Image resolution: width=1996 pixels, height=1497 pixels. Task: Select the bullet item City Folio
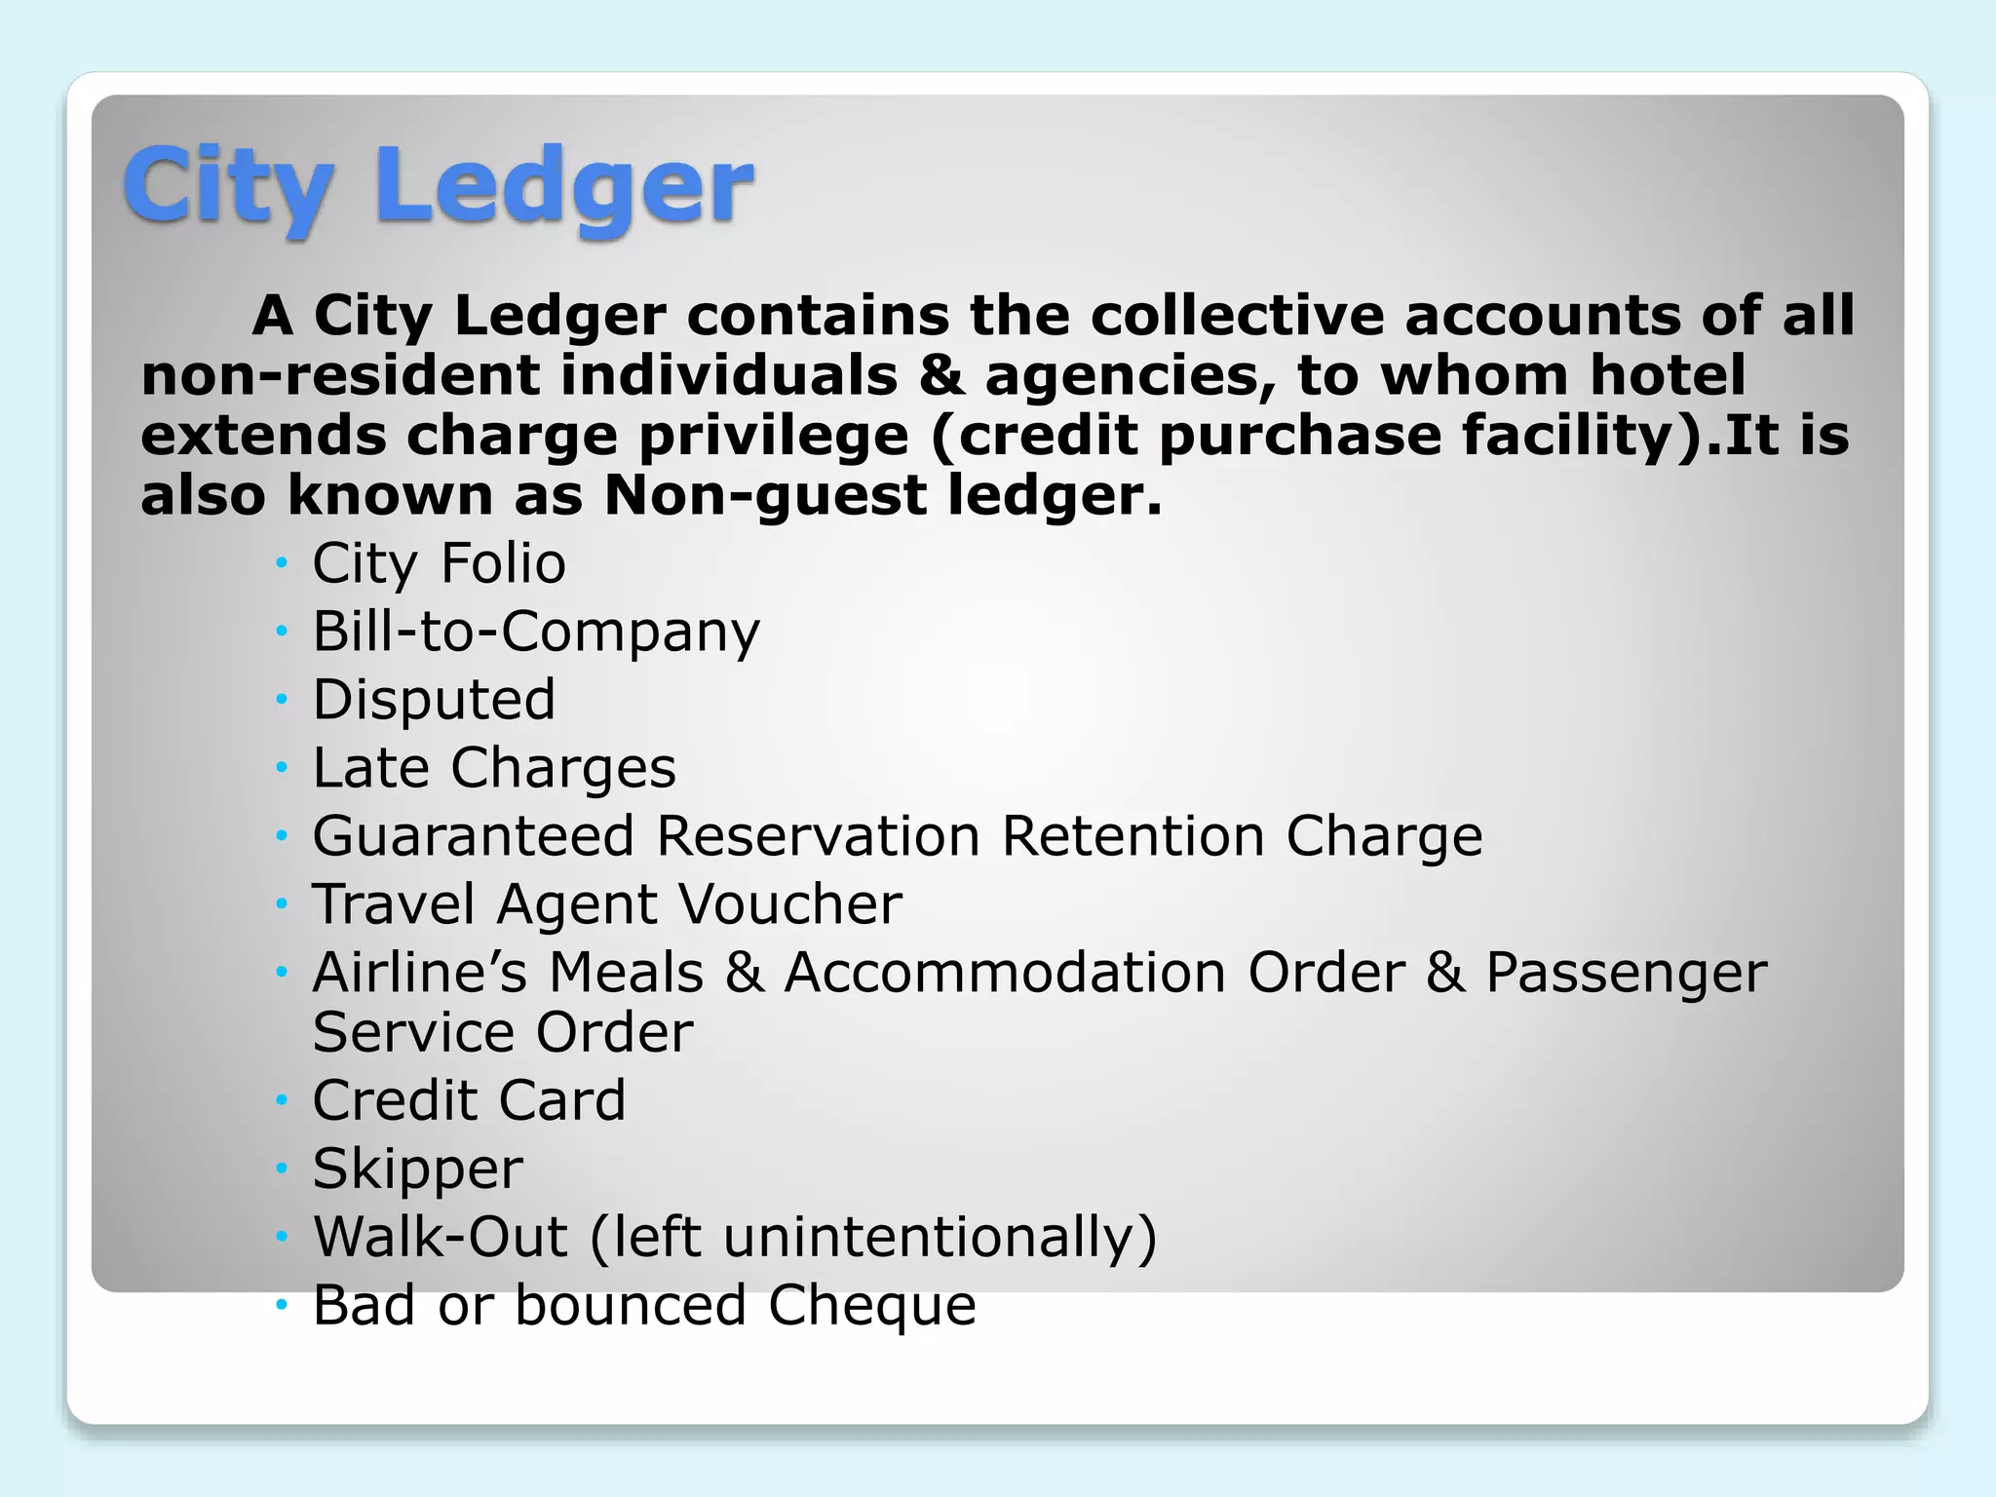coord(439,563)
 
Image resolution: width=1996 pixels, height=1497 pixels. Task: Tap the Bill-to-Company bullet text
coord(535,632)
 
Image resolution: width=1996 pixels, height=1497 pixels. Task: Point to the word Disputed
coord(434,700)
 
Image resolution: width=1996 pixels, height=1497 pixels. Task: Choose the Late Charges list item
coord(493,768)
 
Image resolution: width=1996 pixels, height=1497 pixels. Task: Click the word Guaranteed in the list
coord(474,836)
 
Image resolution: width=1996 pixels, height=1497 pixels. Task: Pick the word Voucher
coord(789,904)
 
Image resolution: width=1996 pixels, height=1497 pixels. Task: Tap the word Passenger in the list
coord(1626,973)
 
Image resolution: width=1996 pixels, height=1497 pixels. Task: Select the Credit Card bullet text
coord(469,1100)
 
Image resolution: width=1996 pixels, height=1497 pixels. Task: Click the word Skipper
coord(417,1169)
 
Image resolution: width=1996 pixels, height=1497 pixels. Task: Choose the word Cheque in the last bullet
coord(871,1305)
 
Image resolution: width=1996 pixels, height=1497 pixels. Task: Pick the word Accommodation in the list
coord(1005,973)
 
